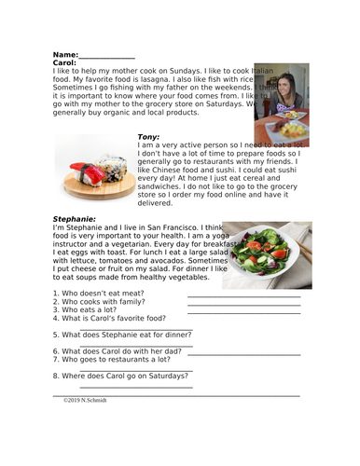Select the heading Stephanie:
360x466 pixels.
pos(77,219)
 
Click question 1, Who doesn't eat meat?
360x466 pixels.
pos(101,293)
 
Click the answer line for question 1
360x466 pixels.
pos(243,296)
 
